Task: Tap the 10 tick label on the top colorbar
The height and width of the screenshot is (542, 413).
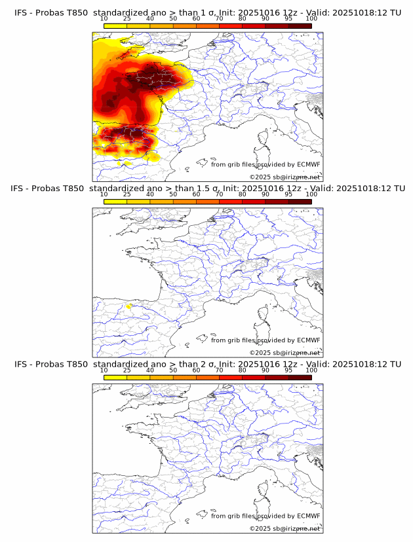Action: point(104,18)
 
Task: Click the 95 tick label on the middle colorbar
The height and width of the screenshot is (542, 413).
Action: point(288,194)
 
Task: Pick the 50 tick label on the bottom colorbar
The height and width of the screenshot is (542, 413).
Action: point(173,370)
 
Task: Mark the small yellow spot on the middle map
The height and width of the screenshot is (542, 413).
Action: point(129,306)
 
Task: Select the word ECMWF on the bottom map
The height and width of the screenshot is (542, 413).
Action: point(308,516)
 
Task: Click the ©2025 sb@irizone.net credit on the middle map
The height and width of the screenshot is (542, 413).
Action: point(285,352)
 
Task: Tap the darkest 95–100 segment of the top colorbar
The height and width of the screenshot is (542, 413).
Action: point(300,26)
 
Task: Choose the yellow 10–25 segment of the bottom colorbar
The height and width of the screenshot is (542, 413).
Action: point(115,377)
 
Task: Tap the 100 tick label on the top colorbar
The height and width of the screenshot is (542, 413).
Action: point(311,18)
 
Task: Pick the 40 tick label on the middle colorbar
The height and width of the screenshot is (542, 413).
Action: point(150,194)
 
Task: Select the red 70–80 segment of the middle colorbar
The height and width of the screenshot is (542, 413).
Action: point(231,202)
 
